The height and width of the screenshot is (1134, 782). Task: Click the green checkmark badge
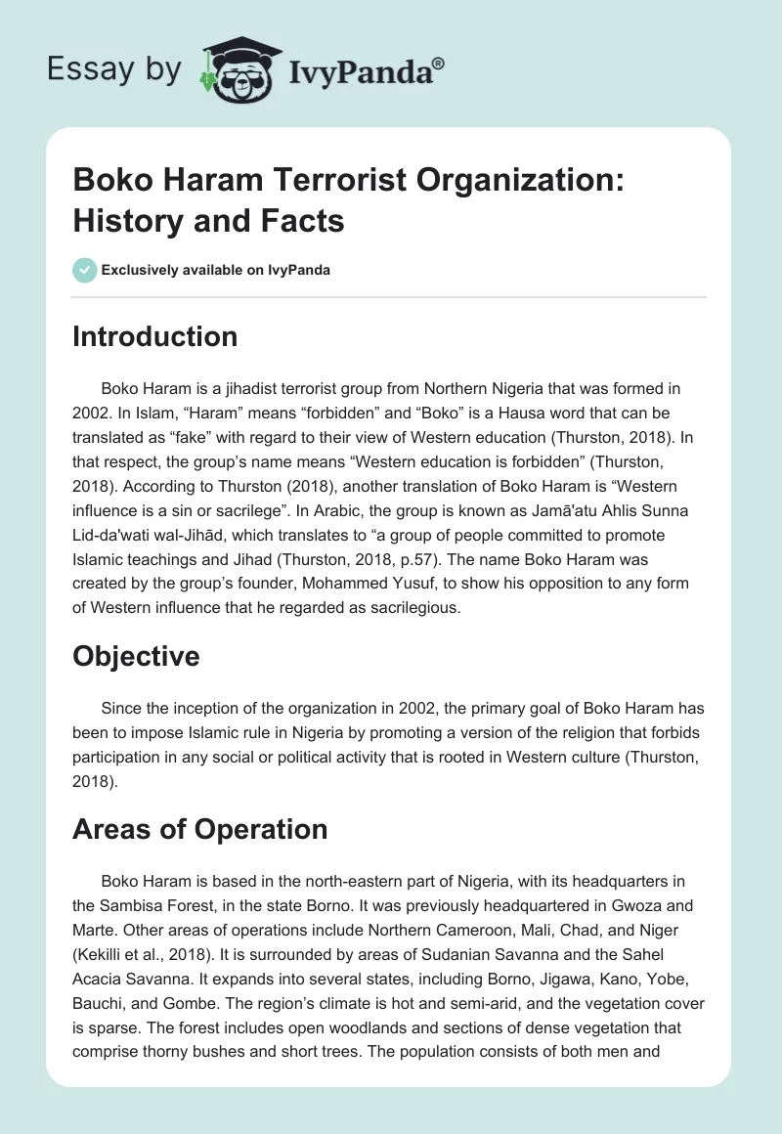pyautogui.click(x=85, y=270)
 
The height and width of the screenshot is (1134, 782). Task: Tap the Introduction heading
pyautogui.click(x=154, y=337)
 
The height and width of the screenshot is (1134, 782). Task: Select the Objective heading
pyautogui.click(x=136, y=656)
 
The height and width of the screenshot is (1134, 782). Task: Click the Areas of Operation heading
pyautogui.click(x=199, y=829)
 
